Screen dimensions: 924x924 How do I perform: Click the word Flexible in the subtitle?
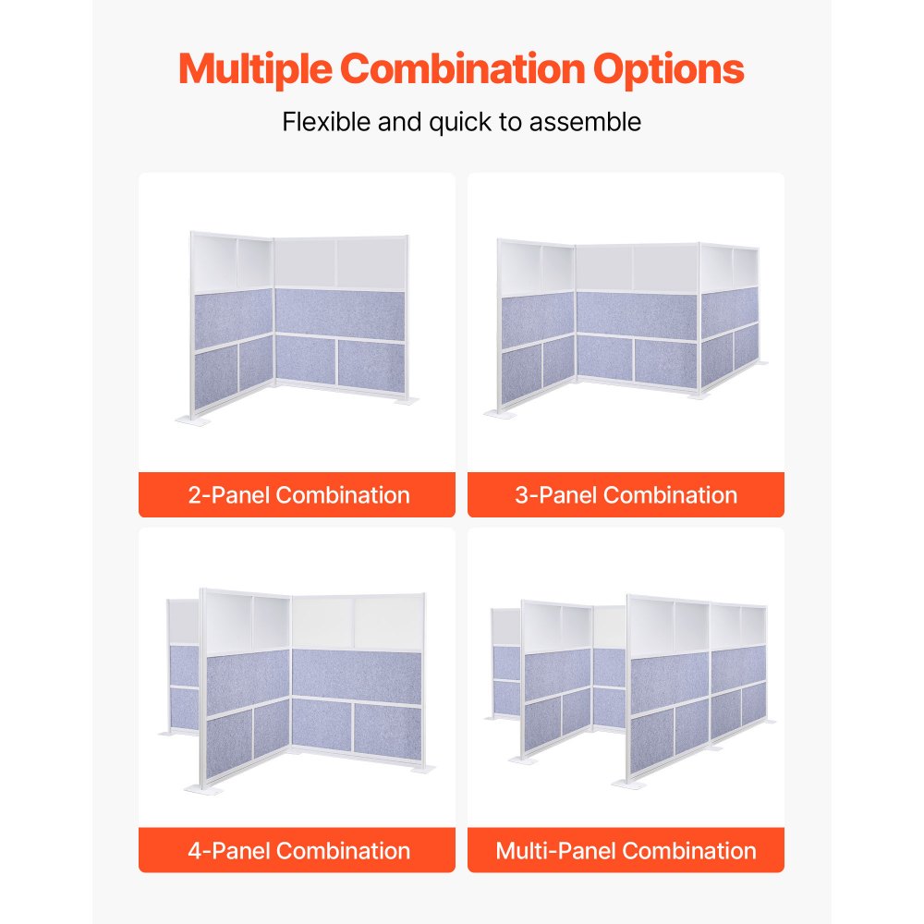[327, 122]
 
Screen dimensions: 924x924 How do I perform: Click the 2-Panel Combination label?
[298, 494]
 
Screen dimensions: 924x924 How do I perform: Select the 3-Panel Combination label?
[626, 494]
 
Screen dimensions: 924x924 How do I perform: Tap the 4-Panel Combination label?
[298, 850]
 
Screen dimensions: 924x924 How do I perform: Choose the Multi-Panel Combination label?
[626, 850]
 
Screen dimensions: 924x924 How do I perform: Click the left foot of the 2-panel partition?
[193, 421]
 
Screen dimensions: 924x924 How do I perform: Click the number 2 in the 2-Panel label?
[194, 494]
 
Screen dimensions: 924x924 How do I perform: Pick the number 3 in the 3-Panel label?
[521, 494]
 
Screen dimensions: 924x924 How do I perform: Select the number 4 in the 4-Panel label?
[194, 850]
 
